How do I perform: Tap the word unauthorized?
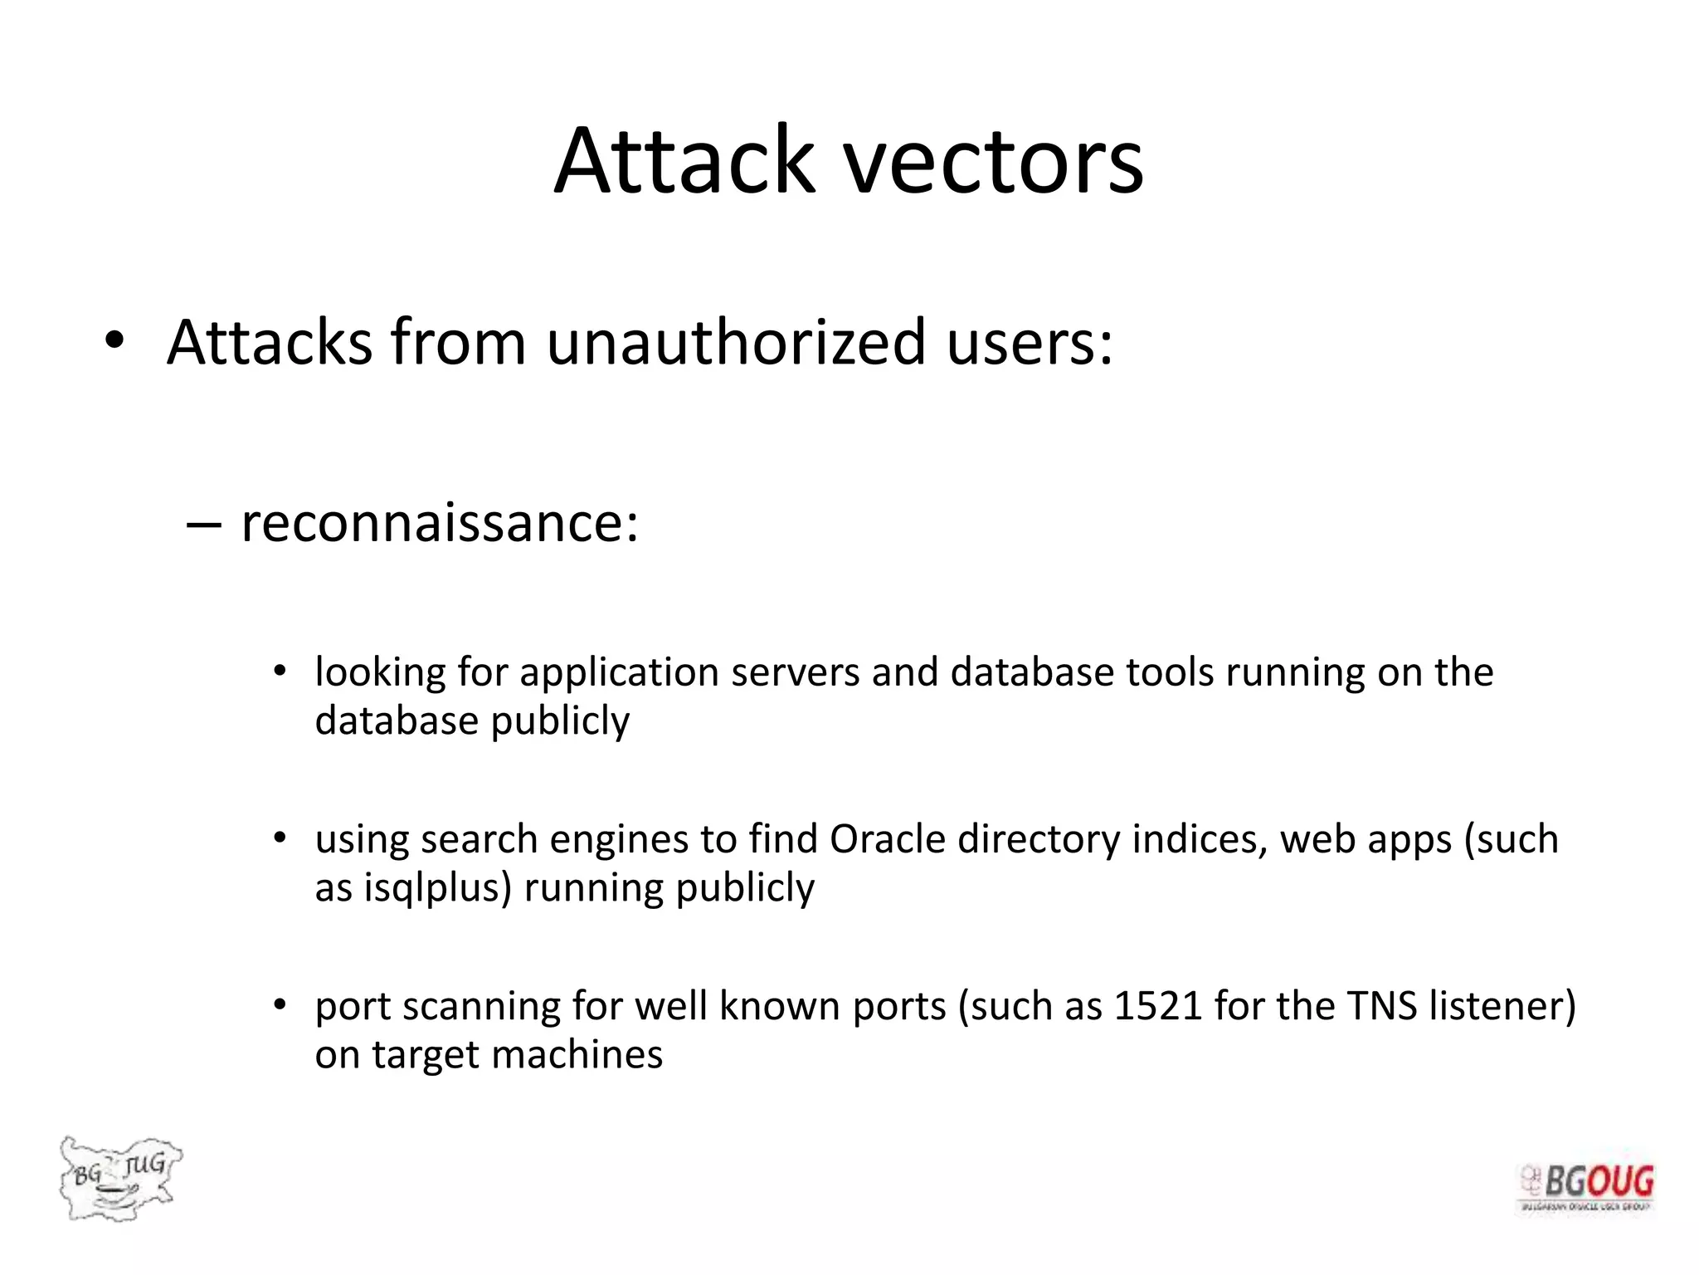click(736, 342)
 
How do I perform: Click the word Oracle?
click(888, 839)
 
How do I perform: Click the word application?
click(620, 673)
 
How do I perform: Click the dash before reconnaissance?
click(204, 525)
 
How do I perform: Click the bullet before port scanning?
click(280, 1005)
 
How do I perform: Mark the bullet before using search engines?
click(280, 838)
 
